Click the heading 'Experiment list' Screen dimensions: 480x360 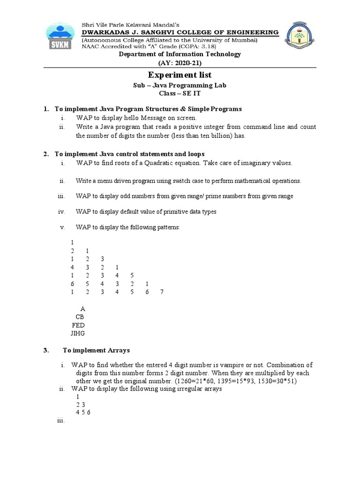(x=180, y=75)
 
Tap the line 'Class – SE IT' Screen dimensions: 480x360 (x=180, y=94)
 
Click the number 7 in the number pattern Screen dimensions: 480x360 (x=162, y=292)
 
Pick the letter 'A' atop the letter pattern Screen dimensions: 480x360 (x=83, y=309)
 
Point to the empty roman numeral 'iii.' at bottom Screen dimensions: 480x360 (x=60, y=420)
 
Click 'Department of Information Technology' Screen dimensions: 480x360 (x=180, y=54)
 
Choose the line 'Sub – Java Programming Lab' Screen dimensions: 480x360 (x=180, y=85)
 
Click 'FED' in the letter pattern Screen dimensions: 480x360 (x=78, y=325)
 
